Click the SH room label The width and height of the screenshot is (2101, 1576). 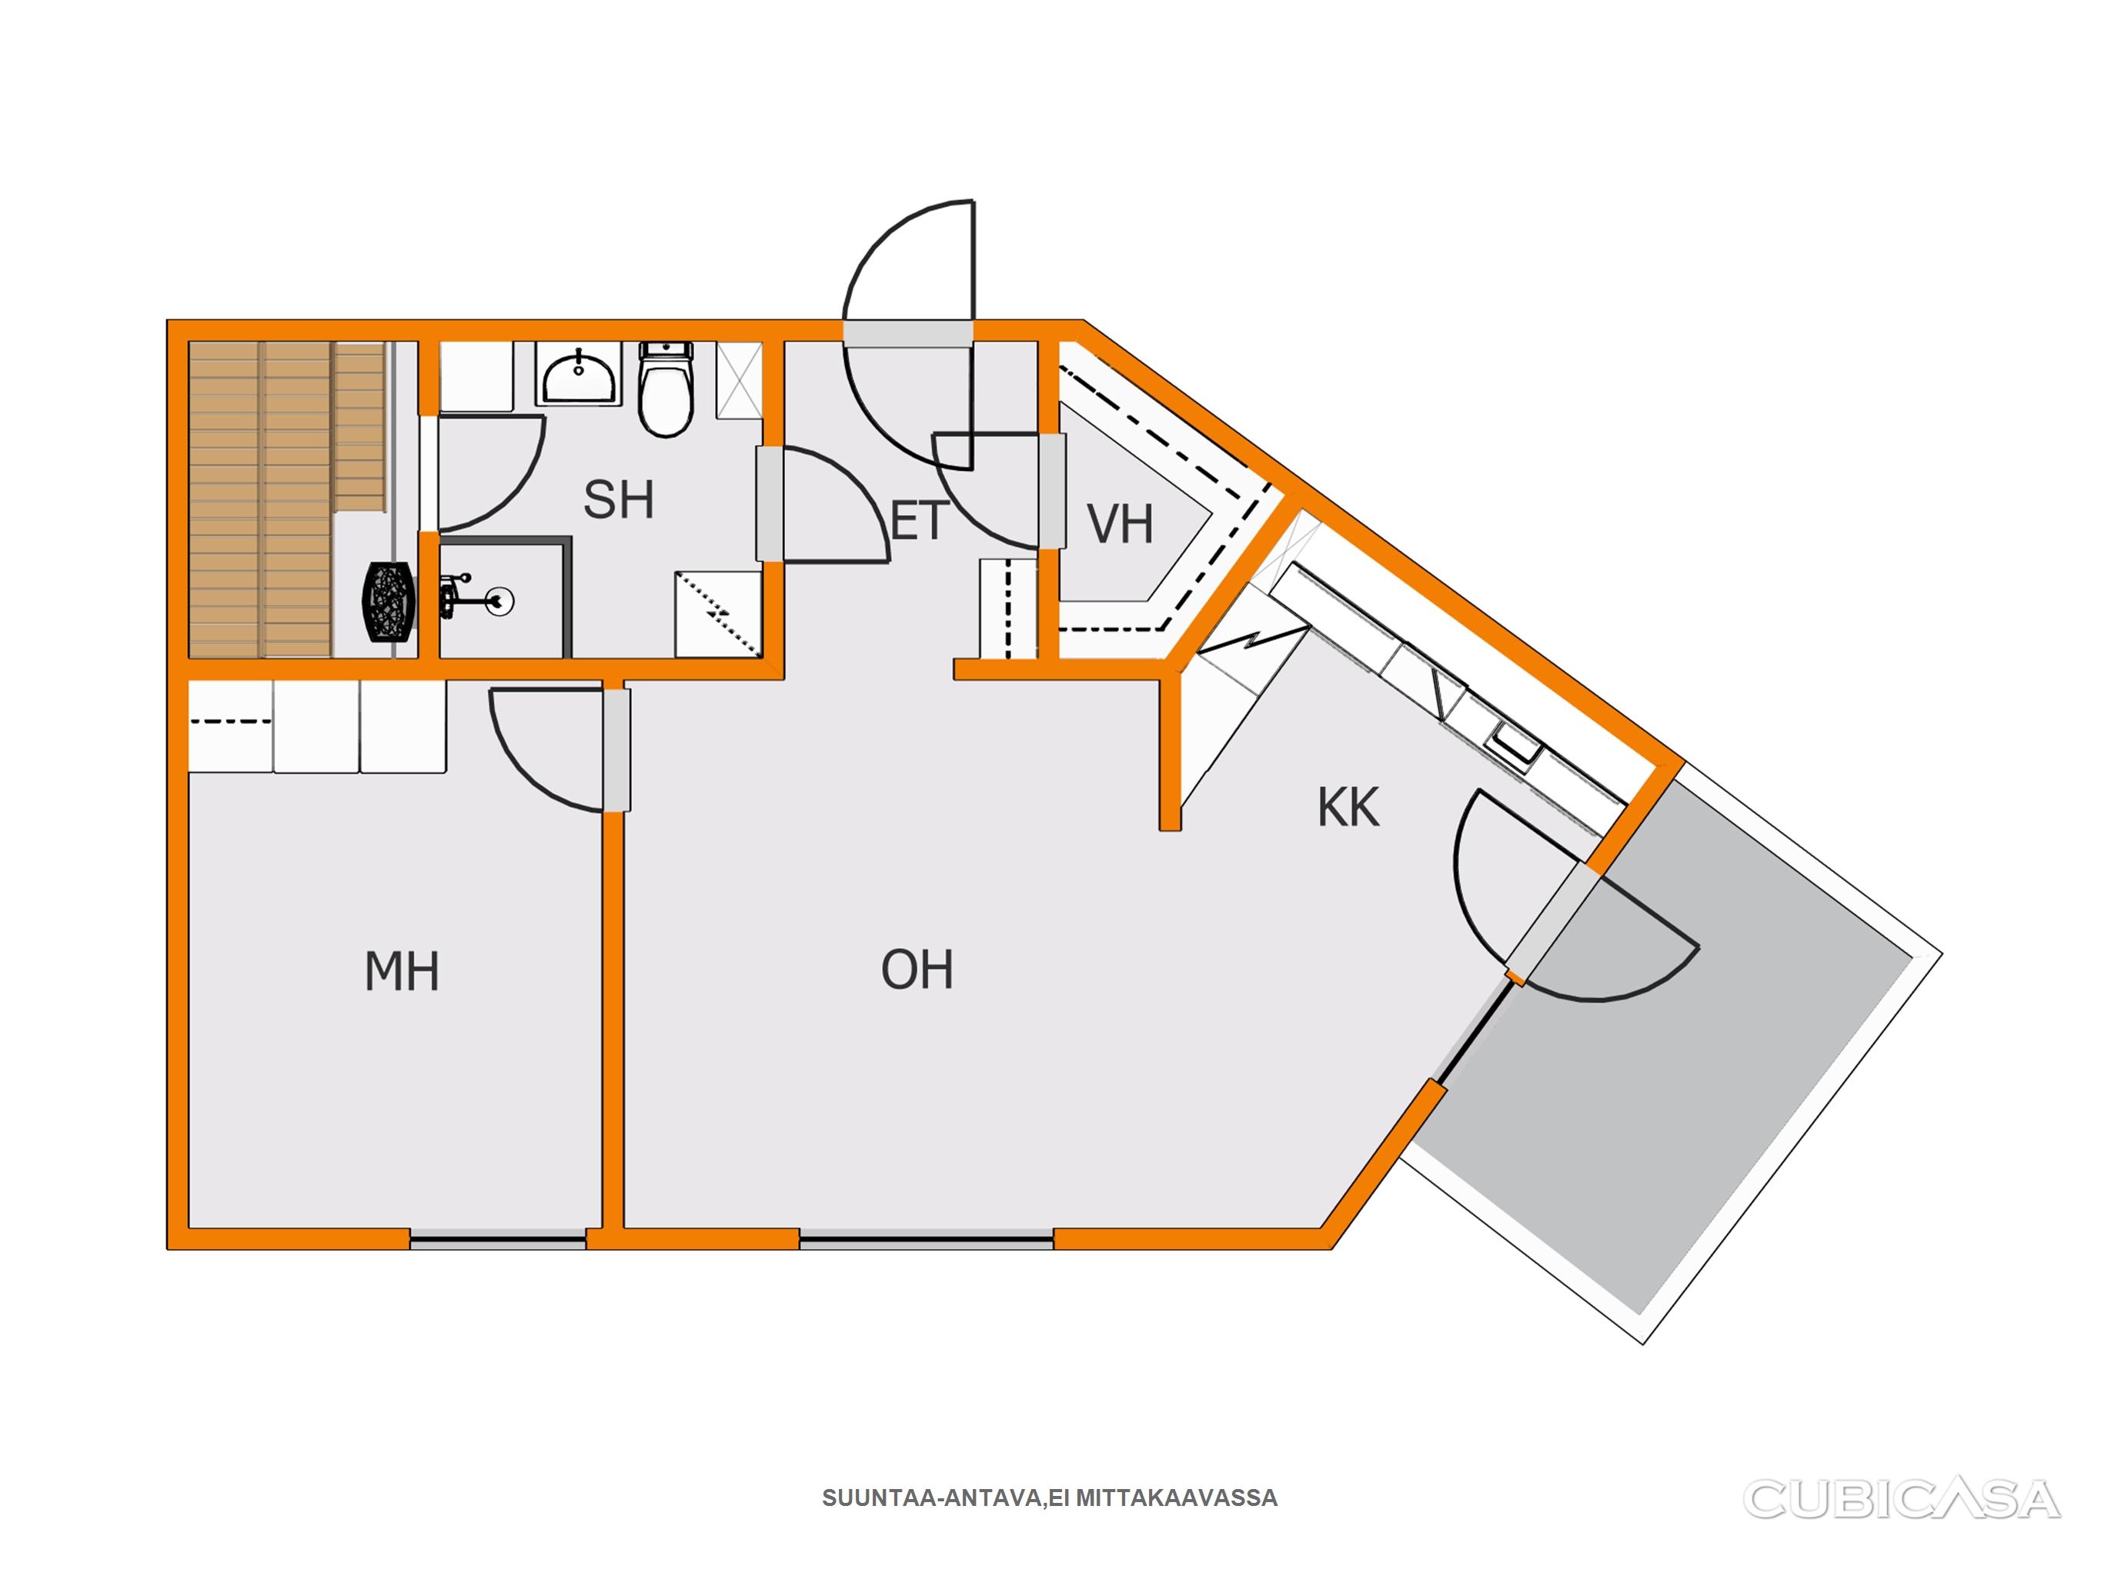coord(618,501)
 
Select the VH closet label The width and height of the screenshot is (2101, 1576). coord(1120,524)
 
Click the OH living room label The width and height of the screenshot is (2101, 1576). coord(917,970)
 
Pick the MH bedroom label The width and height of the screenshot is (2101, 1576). coord(402,972)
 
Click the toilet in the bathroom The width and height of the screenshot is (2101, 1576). coord(666,389)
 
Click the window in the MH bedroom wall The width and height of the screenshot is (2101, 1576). coord(498,1239)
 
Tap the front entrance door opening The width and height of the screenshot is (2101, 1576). coord(908,332)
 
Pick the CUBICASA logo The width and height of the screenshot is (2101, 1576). coord(1902,1498)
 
